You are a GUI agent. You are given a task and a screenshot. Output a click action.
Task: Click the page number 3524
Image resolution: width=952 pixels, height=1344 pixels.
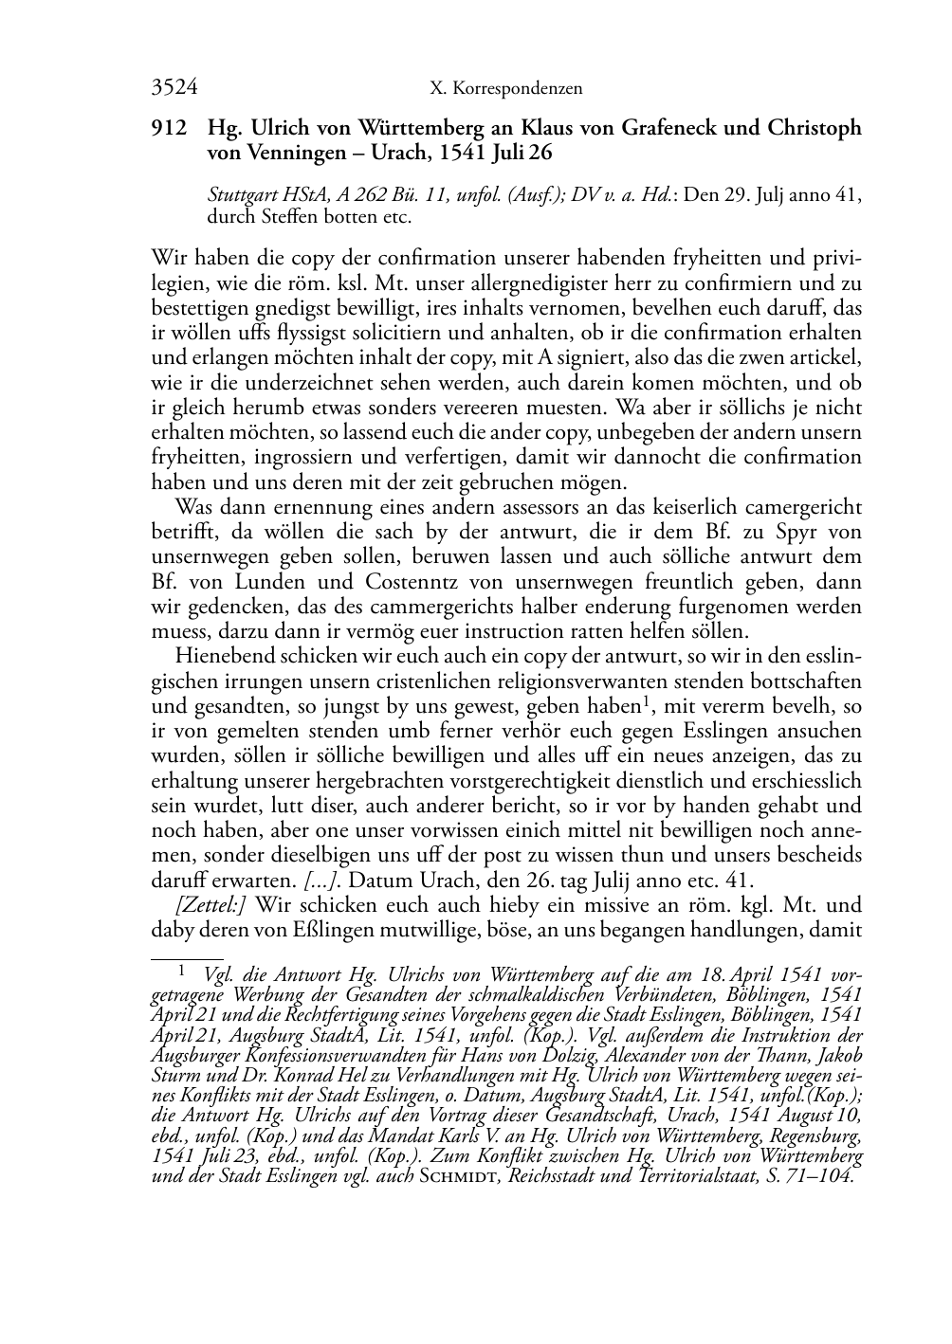tap(174, 88)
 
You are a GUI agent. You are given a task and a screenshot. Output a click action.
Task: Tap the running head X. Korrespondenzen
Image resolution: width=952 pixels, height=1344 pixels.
tap(505, 89)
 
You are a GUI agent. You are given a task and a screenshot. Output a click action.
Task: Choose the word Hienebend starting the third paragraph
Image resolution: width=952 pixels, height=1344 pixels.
tap(217, 657)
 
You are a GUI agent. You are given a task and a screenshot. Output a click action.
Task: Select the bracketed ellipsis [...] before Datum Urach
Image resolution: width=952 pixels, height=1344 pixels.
tap(319, 881)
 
